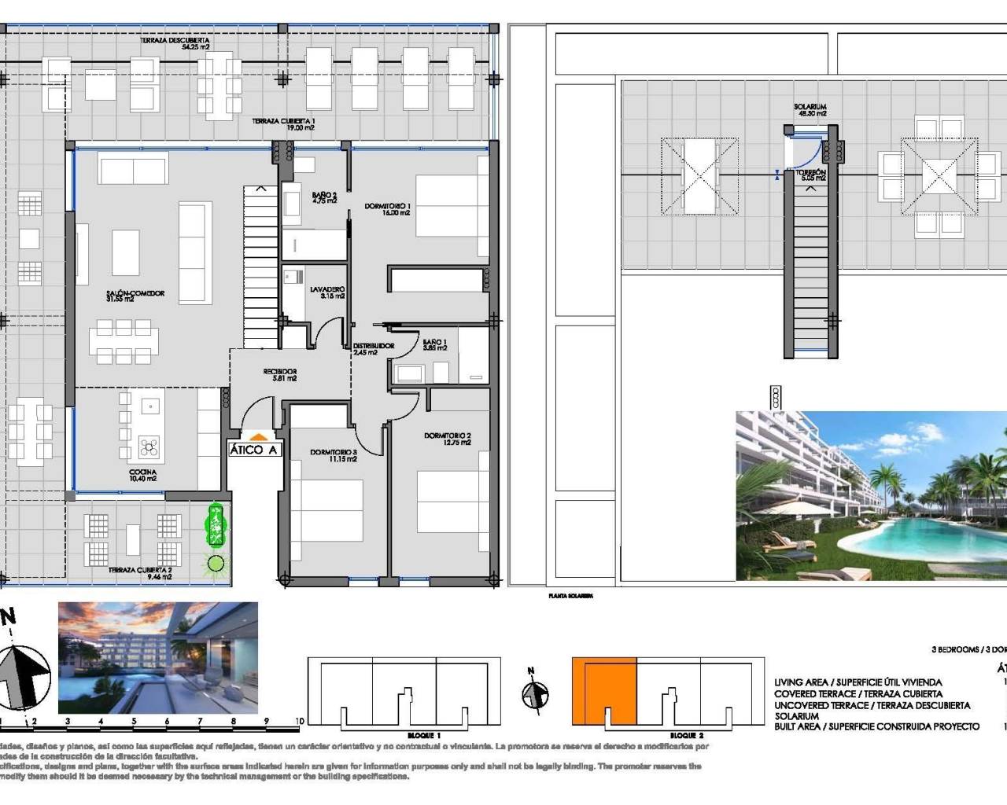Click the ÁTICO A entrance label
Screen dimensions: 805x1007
coord(253,450)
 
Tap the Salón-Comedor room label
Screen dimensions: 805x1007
coord(135,296)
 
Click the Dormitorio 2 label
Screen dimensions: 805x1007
coord(447,439)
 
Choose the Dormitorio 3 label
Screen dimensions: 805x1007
coord(333,455)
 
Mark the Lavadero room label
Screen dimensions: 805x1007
coord(327,292)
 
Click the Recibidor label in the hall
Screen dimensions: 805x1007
coord(279,374)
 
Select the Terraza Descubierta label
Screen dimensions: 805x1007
coord(185,42)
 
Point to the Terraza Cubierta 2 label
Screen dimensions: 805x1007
coord(140,573)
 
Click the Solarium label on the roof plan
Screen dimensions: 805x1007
coord(810,110)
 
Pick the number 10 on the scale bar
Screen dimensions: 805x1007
coord(300,721)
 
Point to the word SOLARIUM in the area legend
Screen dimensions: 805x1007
coord(796,716)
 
